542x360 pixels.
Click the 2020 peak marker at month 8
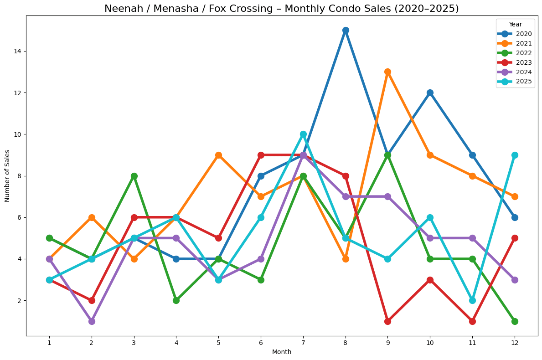pyautogui.click(x=346, y=30)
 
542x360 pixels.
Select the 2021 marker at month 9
pyautogui.click(x=387, y=72)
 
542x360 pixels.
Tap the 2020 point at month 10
pyautogui.click(x=430, y=93)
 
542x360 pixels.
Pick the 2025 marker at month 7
pyautogui.click(x=303, y=134)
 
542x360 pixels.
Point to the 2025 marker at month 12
pyautogui.click(x=515, y=155)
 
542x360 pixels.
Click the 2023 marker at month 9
pyautogui.click(x=387, y=321)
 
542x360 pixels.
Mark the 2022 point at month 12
pyautogui.click(x=515, y=321)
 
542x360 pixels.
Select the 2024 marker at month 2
pyautogui.click(x=92, y=321)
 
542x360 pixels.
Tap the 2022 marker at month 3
pyautogui.click(x=134, y=176)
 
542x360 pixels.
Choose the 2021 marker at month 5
pyautogui.click(x=218, y=155)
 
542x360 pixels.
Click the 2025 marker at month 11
pyautogui.click(x=472, y=300)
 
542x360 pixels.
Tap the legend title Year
pyautogui.click(x=516, y=24)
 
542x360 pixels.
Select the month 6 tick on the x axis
pyautogui.click(x=261, y=342)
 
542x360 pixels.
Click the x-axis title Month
pyautogui.click(x=282, y=352)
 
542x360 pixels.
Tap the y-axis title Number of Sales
pyautogui.click(x=7, y=175)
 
